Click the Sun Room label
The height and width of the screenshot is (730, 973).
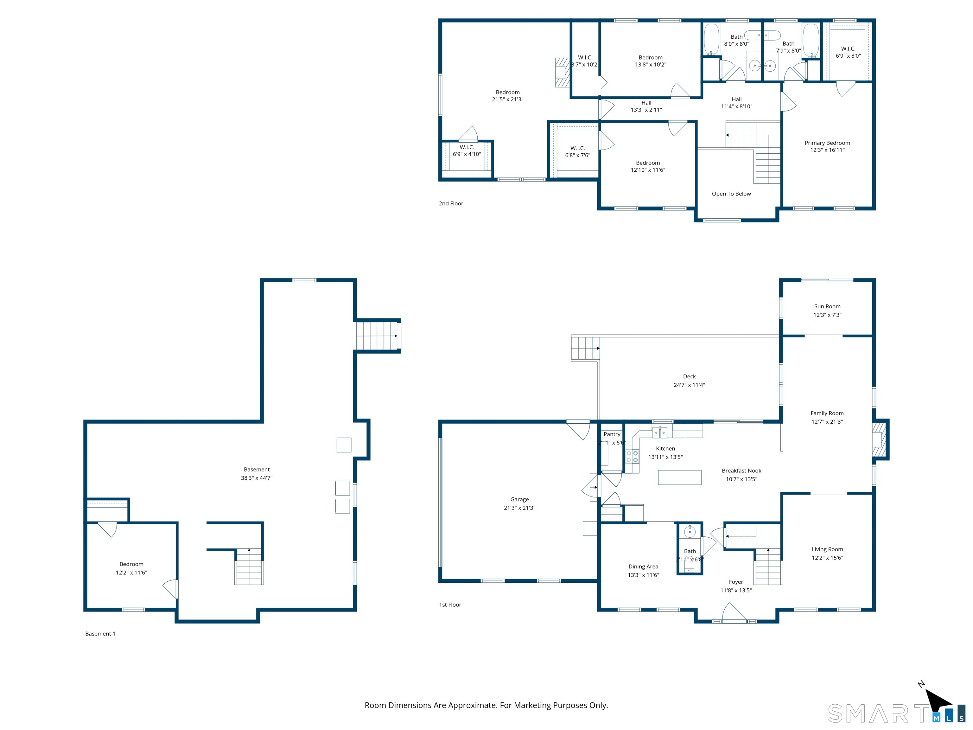click(x=827, y=306)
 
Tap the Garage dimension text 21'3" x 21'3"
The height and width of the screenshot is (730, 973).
click(x=519, y=508)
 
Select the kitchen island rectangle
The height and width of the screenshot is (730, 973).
click(x=680, y=477)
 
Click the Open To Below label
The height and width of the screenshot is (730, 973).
click(x=731, y=194)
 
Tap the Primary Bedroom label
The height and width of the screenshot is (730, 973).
click(x=827, y=143)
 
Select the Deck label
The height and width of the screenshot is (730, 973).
click(x=689, y=376)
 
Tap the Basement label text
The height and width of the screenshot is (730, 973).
click(x=257, y=470)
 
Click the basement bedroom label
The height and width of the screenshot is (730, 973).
click(x=131, y=564)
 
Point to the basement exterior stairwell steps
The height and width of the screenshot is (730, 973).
click(x=376, y=336)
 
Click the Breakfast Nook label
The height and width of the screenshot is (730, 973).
click(x=741, y=471)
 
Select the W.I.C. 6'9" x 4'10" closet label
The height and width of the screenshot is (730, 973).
click(x=467, y=147)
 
